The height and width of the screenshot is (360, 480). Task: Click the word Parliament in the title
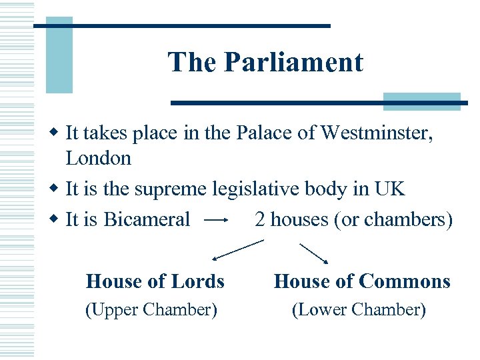[x=294, y=63]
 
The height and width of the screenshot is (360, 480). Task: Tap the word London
[x=99, y=158]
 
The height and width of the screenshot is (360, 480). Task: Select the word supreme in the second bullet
[x=171, y=189]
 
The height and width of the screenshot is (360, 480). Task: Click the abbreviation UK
[x=390, y=189]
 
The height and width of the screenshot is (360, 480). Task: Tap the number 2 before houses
[x=260, y=219]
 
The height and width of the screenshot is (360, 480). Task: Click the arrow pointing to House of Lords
[x=237, y=250]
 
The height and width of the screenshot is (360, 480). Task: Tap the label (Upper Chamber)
[x=151, y=309]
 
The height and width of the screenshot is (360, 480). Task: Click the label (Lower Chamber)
[x=359, y=309]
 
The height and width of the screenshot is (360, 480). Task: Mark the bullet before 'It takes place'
[x=55, y=133]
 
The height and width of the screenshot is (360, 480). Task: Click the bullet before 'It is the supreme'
[x=55, y=189]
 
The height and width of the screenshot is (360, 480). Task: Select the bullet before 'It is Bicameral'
[x=55, y=219]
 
